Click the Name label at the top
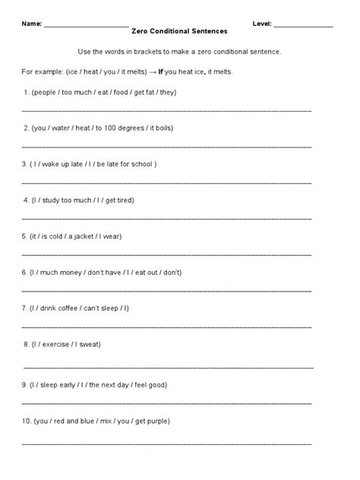[x=31, y=24]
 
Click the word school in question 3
[x=142, y=163]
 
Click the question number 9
[x=24, y=384]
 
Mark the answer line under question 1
[x=167, y=110]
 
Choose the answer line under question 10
[x=167, y=442]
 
